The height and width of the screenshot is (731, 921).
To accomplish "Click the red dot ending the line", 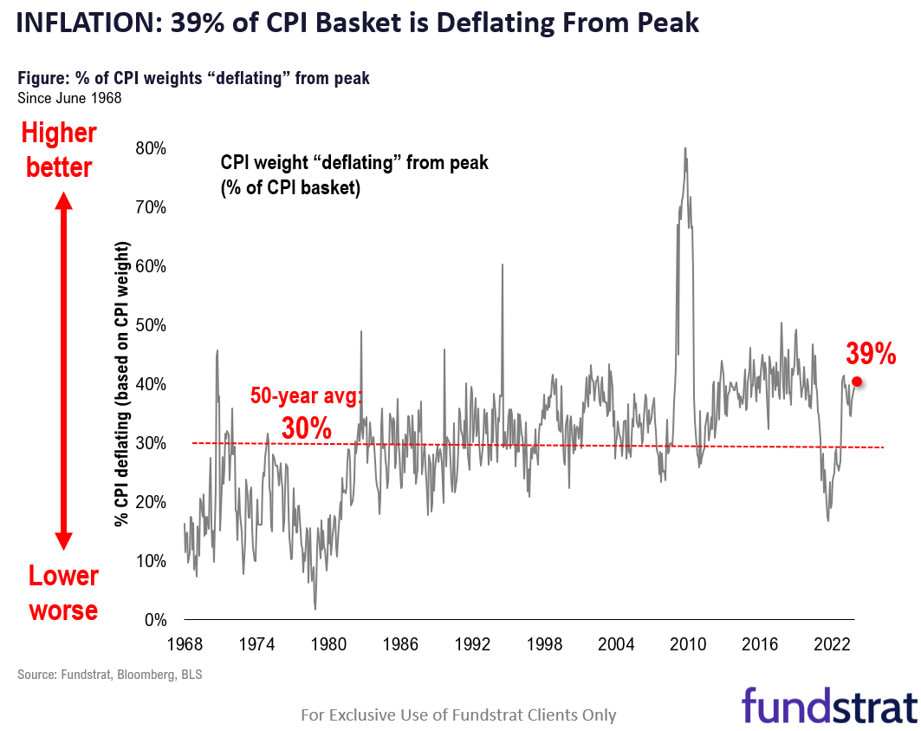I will (x=857, y=382).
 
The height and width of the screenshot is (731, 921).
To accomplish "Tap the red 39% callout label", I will (x=871, y=354).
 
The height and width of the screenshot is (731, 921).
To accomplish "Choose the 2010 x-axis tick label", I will (x=689, y=645).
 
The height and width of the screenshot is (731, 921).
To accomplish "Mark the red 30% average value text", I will (x=307, y=427).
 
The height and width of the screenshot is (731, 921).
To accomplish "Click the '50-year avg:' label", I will (x=308, y=396).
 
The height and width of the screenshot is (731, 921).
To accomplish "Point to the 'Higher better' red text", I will (x=59, y=149).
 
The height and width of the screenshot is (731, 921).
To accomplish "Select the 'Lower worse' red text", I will (x=63, y=592).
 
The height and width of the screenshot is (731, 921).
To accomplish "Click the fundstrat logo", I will (x=829, y=703).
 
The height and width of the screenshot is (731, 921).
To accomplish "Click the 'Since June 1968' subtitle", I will (x=69, y=97).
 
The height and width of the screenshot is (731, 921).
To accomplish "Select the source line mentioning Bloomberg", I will (x=110, y=674).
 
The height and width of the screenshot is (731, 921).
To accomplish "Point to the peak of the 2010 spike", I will (x=685, y=149).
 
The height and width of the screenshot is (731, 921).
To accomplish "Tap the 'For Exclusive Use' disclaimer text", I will (x=458, y=715).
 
